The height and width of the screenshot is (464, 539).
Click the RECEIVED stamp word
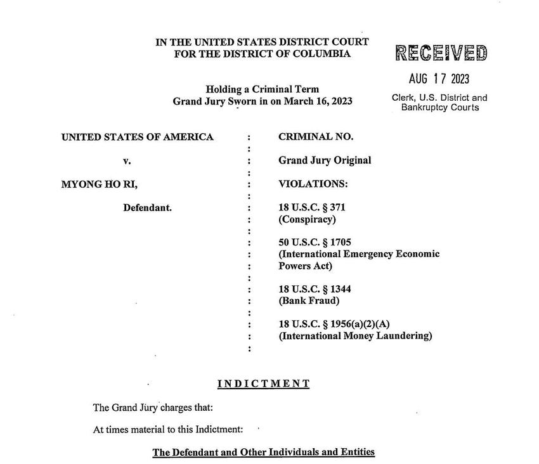point(441,53)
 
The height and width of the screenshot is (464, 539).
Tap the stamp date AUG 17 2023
point(439,79)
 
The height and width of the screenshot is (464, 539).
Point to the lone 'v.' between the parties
point(127,161)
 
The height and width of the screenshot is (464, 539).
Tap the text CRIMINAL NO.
point(316,136)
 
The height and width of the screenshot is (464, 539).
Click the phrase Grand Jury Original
point(325,160)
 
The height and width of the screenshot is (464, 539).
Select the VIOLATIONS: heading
point(313,184)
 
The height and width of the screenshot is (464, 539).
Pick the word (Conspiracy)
point(307,220)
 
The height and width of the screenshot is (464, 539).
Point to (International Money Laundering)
point(355,336)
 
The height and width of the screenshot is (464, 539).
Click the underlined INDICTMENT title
point(264,383)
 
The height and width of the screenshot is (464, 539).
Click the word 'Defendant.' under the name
point(147,208)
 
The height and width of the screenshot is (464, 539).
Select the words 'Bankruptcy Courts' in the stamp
point(439,108)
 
